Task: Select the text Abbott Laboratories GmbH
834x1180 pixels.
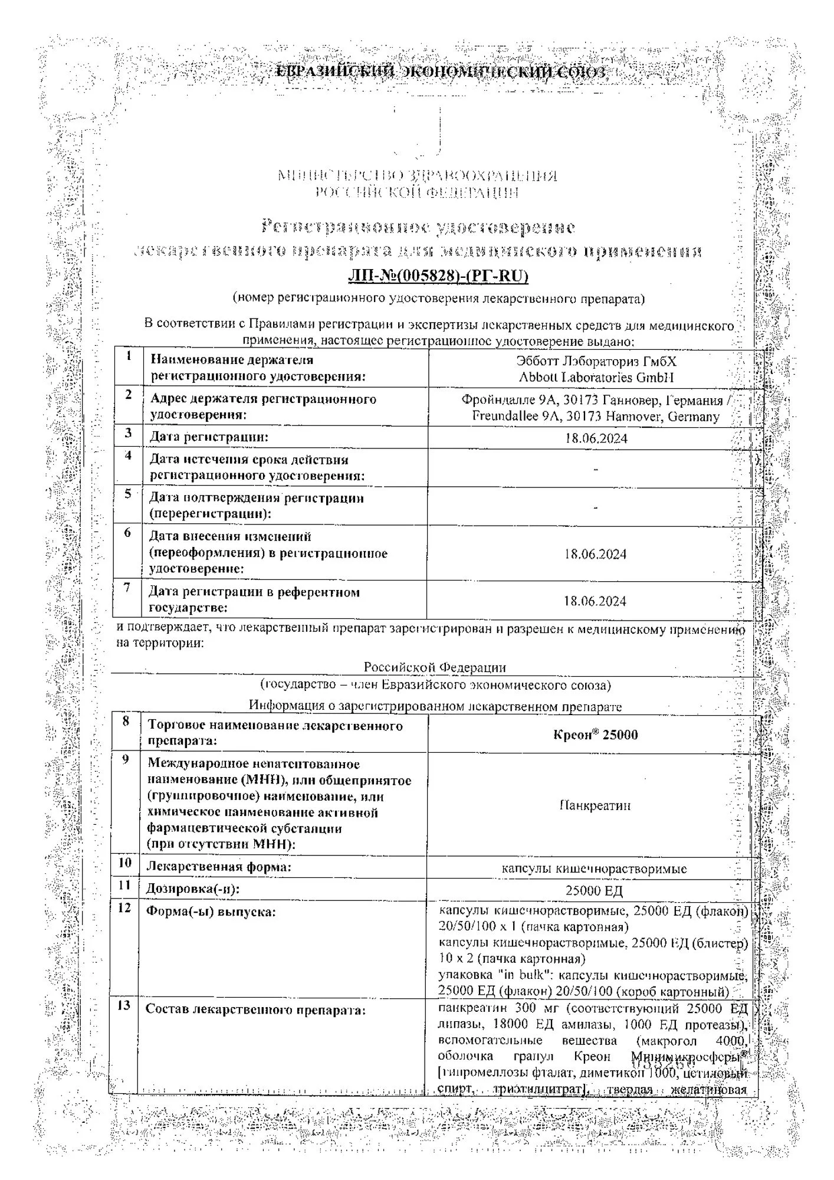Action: pos(596,377)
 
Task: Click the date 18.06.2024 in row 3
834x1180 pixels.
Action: pos(596,438)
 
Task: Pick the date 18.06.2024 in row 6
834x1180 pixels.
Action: pos(595,554)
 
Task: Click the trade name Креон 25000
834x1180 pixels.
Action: pos(595,735)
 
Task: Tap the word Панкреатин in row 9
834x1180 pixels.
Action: pos(595,805)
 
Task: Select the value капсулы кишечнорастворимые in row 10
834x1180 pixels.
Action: pos(594,869)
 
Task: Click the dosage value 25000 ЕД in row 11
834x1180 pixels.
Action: pos(594,891)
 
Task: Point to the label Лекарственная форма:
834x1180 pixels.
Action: pos(219,867)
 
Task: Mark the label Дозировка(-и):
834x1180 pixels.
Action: pos(193,889)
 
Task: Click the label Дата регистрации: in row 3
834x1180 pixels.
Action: pos(209,437)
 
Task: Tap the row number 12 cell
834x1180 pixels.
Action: pos(124,907)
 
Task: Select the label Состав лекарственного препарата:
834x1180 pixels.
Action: pos(255,1009)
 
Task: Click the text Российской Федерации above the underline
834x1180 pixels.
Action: pos(435,667)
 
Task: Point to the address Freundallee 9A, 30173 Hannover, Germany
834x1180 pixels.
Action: pos(596,417)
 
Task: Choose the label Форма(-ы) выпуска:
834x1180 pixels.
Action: pos(211,912)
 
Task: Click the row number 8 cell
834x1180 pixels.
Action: pos(125,722)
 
